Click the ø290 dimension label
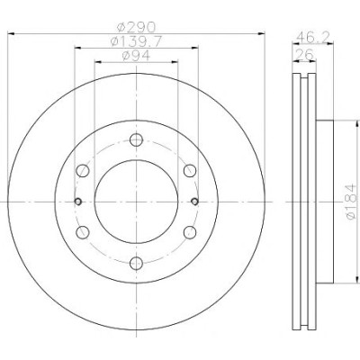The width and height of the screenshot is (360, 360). [x=136, y=27]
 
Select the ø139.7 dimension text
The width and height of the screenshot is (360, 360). [x=136, y=41]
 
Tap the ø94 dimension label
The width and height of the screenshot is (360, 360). [x=136, y=56]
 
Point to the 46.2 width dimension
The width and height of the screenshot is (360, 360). [x=313, y=37]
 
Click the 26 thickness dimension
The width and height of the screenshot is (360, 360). [x=304, y=54]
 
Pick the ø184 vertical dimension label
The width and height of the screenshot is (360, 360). [x=352, y=202]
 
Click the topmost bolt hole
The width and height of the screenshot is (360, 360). [x=136, y=139]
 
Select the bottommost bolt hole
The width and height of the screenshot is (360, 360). [x=136, y=263]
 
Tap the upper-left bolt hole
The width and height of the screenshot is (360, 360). [x=83, y=171]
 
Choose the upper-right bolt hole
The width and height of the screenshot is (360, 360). [x=190, y=171]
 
